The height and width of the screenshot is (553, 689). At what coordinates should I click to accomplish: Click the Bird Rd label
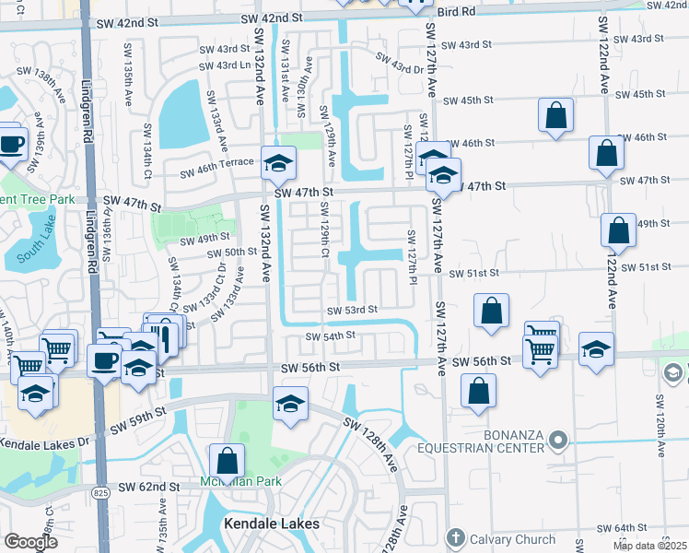[x=457, y=12]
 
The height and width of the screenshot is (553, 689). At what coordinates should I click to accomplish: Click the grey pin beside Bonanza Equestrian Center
[x=557, y=443]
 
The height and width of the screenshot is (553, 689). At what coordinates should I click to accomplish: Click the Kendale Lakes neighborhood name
[x=272, y=524]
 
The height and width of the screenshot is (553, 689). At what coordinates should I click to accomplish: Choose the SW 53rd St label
[x=353, y=310]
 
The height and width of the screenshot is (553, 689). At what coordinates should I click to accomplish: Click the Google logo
[x=30, y=541]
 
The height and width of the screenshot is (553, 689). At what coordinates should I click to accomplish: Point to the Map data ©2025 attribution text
[x=649, y=546]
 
